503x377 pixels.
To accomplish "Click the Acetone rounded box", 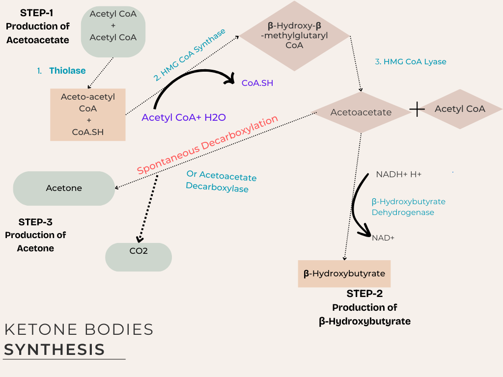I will [x=64, y=188].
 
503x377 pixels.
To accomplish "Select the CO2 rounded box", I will [x=139, y=257].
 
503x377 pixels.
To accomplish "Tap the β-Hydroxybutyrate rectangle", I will [x=344, y=273].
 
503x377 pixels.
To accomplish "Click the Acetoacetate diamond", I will [x=361, y=112].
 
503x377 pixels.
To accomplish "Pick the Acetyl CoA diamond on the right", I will [x=460, y=109].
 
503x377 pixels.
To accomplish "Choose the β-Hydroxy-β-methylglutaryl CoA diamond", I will [x=294, y=36].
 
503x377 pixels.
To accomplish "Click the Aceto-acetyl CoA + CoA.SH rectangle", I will [x=88, y=114].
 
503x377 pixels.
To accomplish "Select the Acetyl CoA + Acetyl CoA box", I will [x=113, y=32].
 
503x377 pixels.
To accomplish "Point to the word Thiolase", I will [x=67, y=71].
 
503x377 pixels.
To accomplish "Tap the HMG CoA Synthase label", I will [x=189, y=54].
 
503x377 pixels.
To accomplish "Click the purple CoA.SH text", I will [x=257, y=83].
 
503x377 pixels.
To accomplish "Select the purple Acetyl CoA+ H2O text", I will [x=183, y=117].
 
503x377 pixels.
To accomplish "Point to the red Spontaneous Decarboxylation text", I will [x=207, y=145].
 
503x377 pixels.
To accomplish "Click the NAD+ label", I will [x=383, y=238].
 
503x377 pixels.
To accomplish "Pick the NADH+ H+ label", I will [x=398, y=174].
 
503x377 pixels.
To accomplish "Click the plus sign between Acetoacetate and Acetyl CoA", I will [x=417, y=109].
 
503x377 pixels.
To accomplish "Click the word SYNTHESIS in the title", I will [x=54, y=350].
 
